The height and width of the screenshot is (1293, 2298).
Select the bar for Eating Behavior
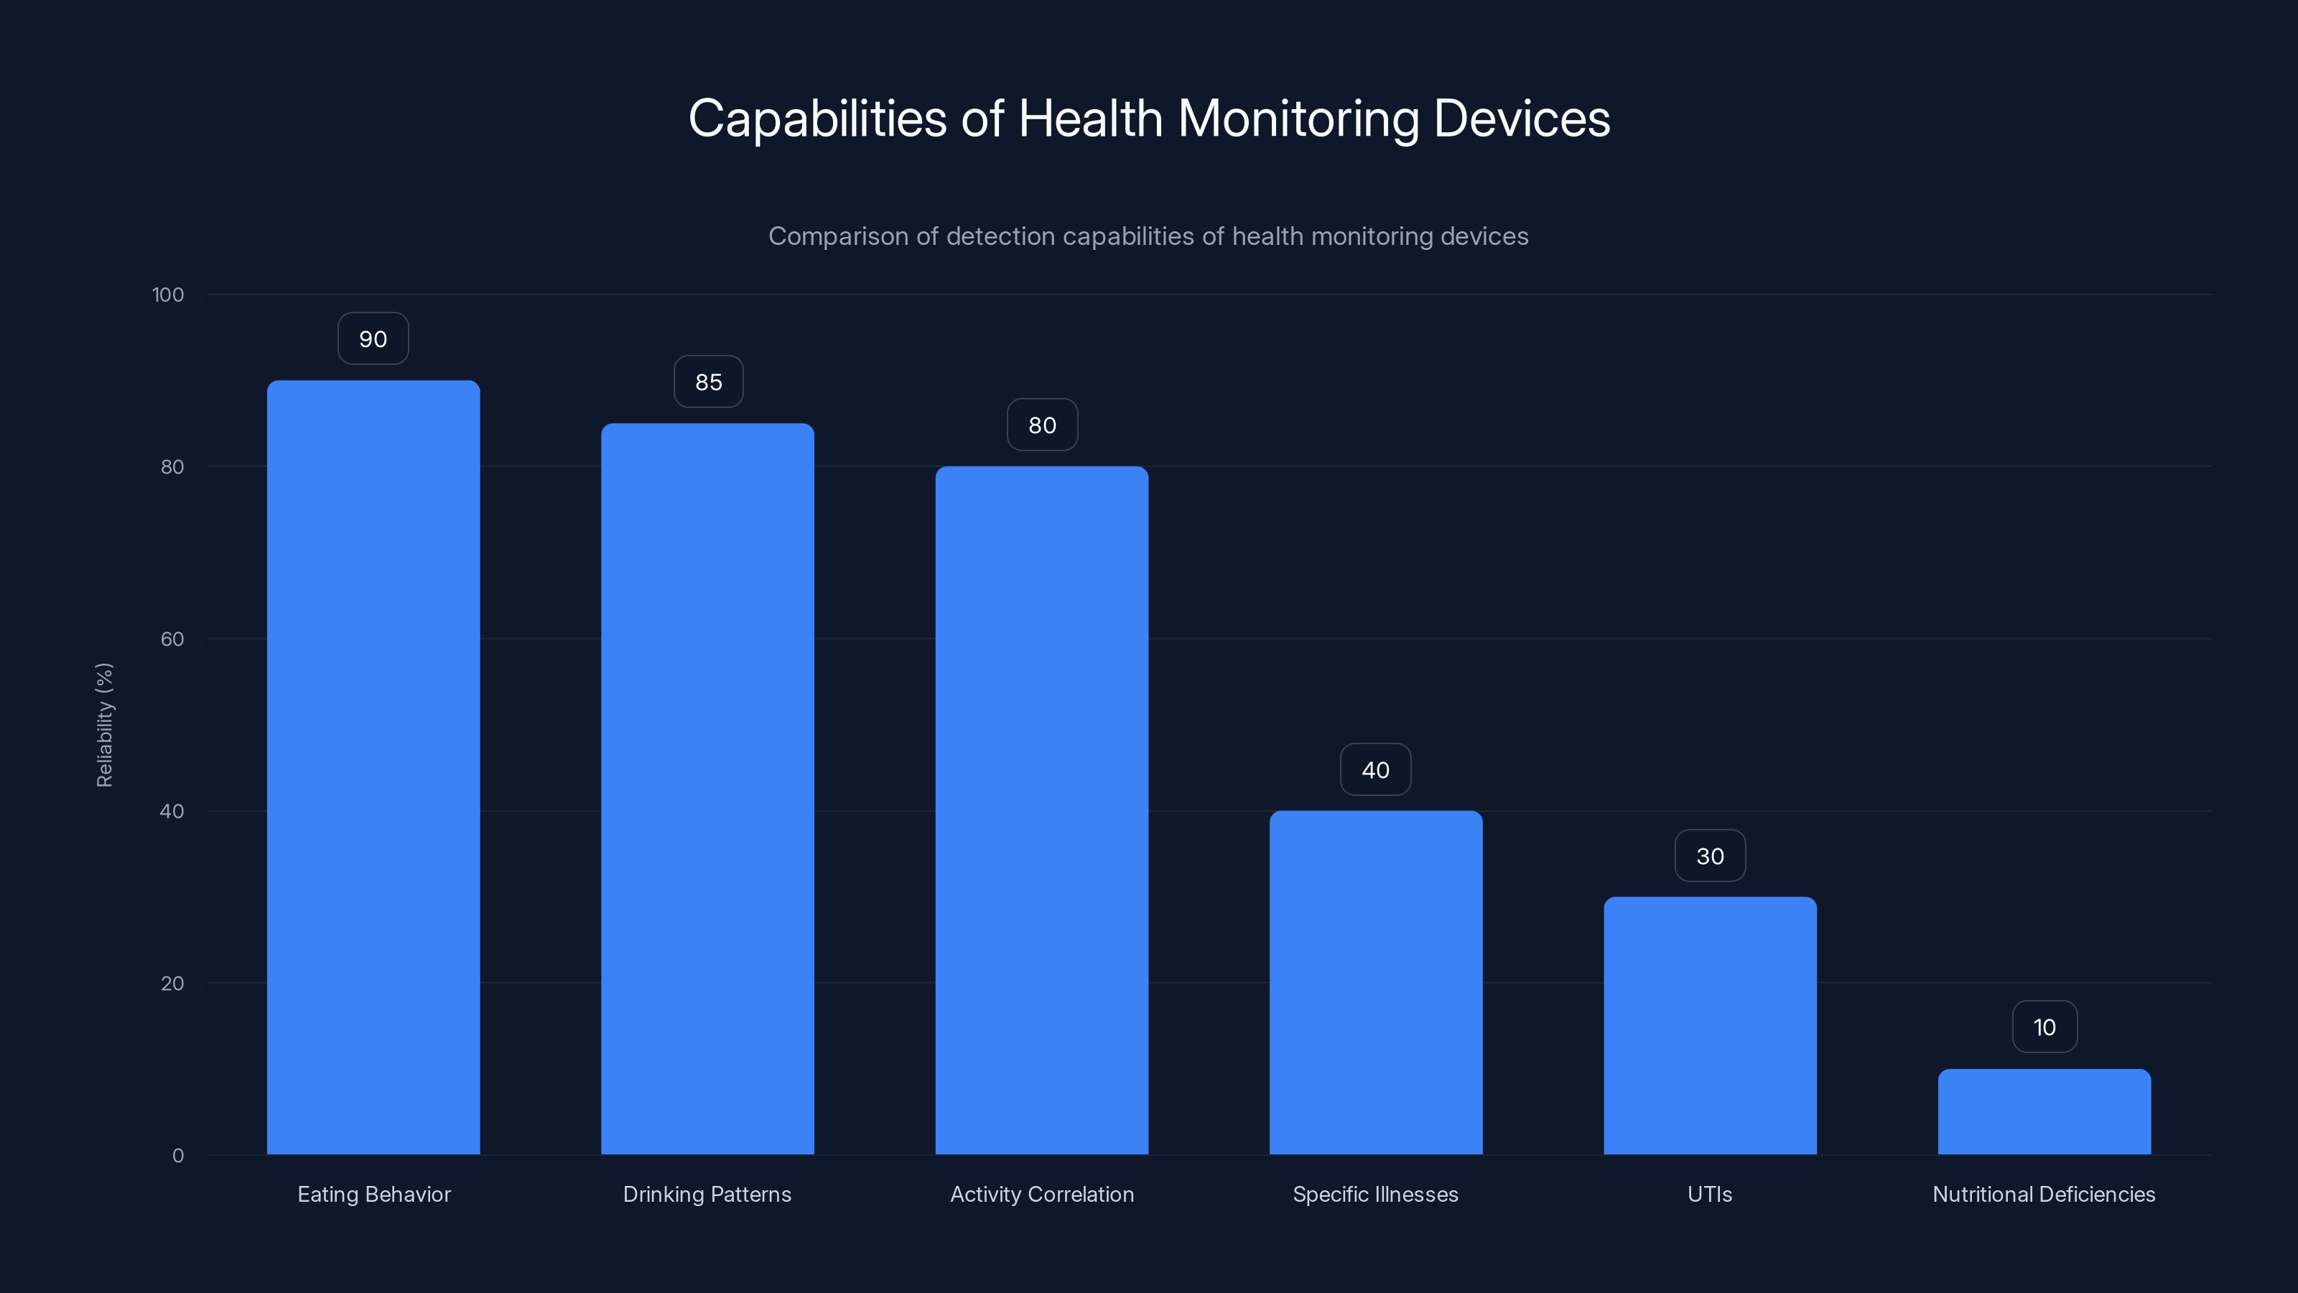(373, 767)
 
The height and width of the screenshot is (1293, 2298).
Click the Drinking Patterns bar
(707, 789)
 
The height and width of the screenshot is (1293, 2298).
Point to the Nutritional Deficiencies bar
(2044, 1112)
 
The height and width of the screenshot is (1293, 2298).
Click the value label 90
(373, 339)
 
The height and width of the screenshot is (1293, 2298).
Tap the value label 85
(708, 382)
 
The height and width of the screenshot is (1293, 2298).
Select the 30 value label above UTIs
(1710, 857)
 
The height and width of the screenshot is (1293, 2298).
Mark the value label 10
(2045, 1027)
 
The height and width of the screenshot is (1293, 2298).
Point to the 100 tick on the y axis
(168, 295)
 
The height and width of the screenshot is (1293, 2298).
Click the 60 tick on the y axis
(172, 639)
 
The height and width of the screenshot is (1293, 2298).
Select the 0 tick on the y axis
(177, 1156)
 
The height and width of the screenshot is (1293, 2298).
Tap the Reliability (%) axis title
(104, 725)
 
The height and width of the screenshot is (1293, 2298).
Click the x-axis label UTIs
(1709, 1194)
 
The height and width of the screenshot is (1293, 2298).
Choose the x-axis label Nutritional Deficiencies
(2044, 1194)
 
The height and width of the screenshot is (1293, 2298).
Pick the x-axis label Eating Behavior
(373, 1194)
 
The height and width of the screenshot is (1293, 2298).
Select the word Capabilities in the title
(817, 119)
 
